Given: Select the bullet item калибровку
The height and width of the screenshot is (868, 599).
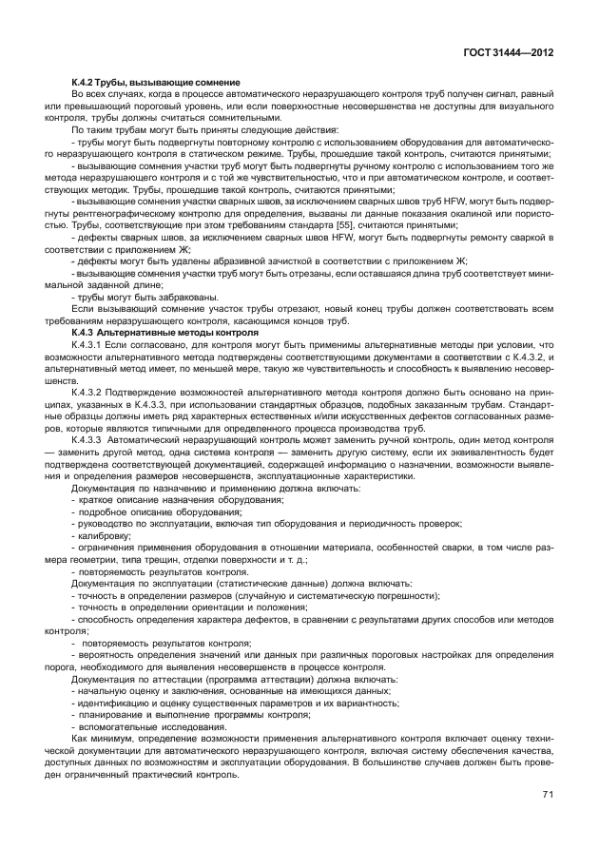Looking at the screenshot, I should point(104,535).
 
